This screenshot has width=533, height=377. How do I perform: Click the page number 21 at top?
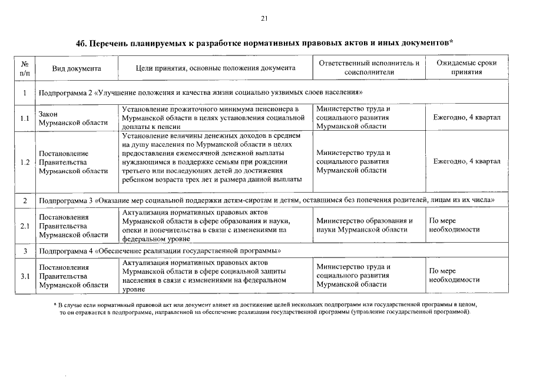point(264,19)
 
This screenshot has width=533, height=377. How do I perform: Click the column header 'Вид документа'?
point(77,68)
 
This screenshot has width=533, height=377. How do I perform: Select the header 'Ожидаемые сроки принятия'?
point(466,67)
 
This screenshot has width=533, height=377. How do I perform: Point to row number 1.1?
point(25,118)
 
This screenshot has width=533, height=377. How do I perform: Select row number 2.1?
point(25,226)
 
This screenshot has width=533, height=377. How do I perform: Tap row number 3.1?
point(25,276)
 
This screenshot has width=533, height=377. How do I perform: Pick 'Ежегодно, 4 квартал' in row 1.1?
point(466,118)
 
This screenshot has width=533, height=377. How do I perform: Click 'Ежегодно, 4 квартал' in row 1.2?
point(466,161)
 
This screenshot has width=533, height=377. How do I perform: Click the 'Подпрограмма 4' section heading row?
point(159,251)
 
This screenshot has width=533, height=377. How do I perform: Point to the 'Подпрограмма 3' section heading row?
point(265,201)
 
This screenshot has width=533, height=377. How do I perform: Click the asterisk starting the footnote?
point(54,305)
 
